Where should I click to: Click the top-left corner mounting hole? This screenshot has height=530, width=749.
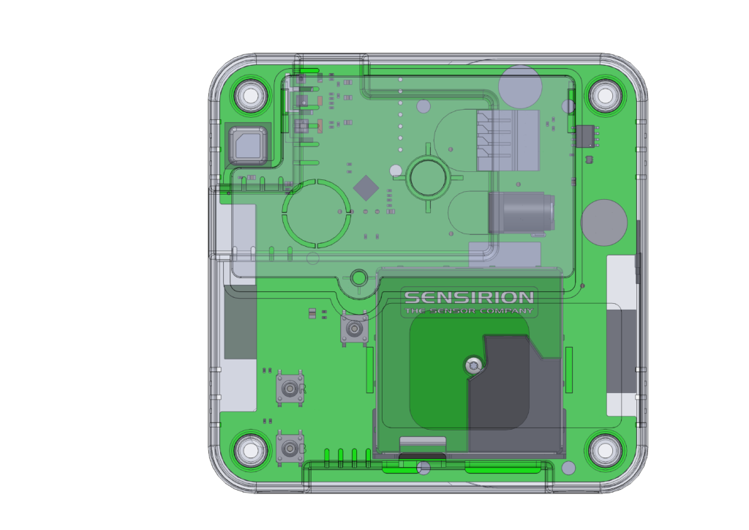click(251, 95)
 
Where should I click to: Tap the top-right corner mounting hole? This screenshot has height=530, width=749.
click(605, 95)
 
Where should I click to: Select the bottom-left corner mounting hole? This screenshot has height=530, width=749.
click(251, 449)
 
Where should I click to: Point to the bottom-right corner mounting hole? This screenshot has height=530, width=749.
click(605, 449)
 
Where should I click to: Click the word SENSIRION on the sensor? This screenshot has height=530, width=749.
click(469, 297)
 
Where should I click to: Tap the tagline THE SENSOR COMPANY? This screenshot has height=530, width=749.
click(469, 311)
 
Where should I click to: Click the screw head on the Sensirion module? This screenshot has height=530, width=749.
click(473, 366)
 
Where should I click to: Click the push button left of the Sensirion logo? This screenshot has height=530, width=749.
click(354, 329)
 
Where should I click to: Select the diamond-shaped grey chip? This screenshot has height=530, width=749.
click(366, 188)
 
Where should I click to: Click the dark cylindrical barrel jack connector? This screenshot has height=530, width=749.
click(521, 213)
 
